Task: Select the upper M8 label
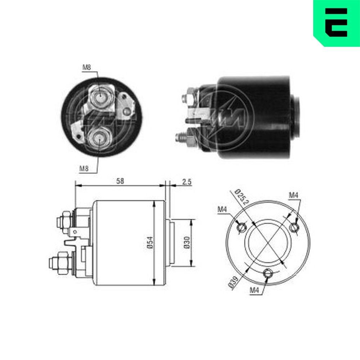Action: click(87, 67)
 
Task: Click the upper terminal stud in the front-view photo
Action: click(100, 96)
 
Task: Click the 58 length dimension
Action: click(120, 181)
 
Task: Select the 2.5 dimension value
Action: click(186, 182)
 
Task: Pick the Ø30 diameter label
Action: click(186, 243)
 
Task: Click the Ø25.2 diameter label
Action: click(241, 197)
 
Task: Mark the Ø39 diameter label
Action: click(233, 283)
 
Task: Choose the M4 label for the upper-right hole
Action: click(294, 195)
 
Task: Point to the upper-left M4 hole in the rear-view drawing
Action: click(242, 227)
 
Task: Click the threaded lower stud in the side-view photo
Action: click(181, 137)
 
